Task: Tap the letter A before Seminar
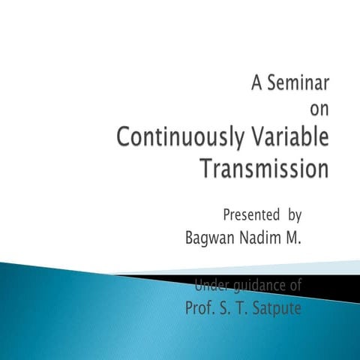[x=256, y=81]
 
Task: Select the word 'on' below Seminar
[x=319, y=109]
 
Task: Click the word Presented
[x=250, y=215]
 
